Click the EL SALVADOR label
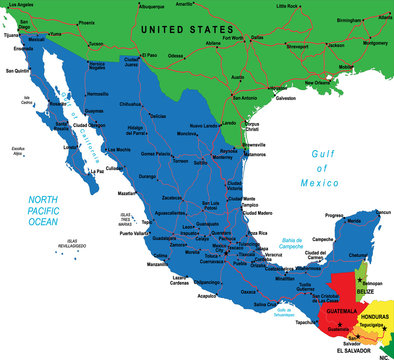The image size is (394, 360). (356, 351)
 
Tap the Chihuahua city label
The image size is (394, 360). (131, 103)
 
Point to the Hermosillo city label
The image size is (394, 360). (98, 93)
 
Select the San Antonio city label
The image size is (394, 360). (245, 98)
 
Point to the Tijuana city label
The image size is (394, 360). (12, 33)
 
